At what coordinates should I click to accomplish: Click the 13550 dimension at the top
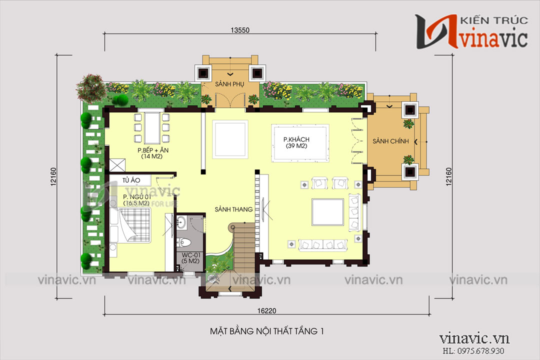(240, 30)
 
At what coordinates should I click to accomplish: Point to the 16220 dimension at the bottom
(266, 310)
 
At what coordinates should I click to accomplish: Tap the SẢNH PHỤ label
(229, 84)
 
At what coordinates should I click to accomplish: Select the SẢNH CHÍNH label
(390, 141)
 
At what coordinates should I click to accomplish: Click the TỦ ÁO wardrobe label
(131, 180)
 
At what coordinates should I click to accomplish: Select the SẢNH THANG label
(233, 209)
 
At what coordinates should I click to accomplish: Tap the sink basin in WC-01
(181, 222)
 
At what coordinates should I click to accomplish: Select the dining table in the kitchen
(152, 128)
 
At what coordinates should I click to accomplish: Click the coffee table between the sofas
(327, 212)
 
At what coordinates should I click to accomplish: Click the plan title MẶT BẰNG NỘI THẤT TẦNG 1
(267, 331)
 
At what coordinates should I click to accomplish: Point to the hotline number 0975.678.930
(480, 351)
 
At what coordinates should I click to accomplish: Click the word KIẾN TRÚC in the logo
(494, 20)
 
